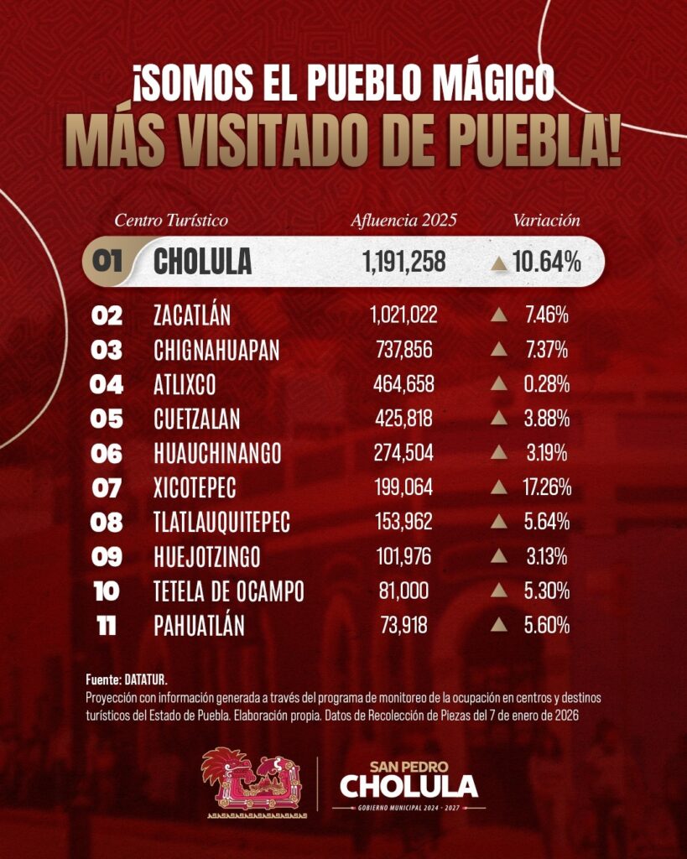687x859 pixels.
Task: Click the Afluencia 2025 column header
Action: pos(403,221)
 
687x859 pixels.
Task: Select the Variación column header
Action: pos(546,221)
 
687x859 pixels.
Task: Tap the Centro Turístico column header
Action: pos(171,221)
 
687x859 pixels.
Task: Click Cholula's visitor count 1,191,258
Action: pos(403,262)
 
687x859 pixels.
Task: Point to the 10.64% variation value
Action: pos(547,262)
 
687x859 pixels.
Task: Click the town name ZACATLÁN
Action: pos(192,315)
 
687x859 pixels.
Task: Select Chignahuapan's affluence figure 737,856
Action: pos(403,350)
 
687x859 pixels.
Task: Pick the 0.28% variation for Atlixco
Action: pos(547,384)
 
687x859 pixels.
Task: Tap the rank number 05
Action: pos(107,419)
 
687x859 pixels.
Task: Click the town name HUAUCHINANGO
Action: pos(217,454)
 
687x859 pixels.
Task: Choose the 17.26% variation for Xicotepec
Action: pos(547,487)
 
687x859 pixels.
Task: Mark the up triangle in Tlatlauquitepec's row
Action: pos(498,522)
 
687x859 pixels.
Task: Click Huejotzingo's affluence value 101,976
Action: pos(403,557)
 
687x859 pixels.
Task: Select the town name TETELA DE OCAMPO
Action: pos(228,591)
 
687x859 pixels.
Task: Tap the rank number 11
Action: pos(107,626)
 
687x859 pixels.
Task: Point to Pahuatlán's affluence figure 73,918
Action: pos(403,626)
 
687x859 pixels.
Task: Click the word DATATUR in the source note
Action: pos(145,679)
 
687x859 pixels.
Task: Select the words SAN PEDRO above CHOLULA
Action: pos(409,767)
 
